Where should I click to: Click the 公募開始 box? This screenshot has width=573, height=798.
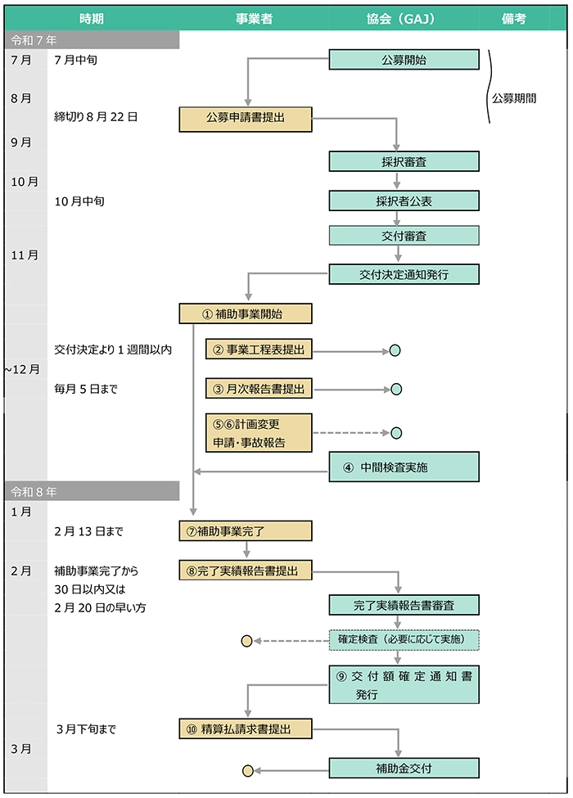[404, 60]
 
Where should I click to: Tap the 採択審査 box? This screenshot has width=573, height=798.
[404, 162]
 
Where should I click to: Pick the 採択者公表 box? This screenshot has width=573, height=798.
[404, 201]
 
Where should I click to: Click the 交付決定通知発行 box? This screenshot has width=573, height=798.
[404, 274]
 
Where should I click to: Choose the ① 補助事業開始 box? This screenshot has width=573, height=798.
[246, 314]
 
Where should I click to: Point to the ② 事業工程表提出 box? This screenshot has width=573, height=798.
[259, 350]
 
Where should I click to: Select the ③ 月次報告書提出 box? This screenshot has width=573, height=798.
[259, 390]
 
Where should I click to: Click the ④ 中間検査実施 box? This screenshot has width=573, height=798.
[404, 467]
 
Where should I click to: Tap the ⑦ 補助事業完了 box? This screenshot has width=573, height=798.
[246, 531]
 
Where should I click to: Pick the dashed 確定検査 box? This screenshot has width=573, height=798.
[404, 639]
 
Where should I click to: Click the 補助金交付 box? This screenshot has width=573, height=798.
[404, 769]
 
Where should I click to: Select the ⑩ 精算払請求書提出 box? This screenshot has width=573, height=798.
[246, 728]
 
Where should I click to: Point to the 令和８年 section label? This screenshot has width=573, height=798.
[34, 491]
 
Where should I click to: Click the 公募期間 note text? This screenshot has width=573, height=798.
[514, 97]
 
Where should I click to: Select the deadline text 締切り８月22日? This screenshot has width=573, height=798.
[96, 117]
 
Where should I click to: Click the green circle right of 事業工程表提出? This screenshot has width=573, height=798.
[395, 351]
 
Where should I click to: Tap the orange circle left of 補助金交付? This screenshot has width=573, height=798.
[247, 770]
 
